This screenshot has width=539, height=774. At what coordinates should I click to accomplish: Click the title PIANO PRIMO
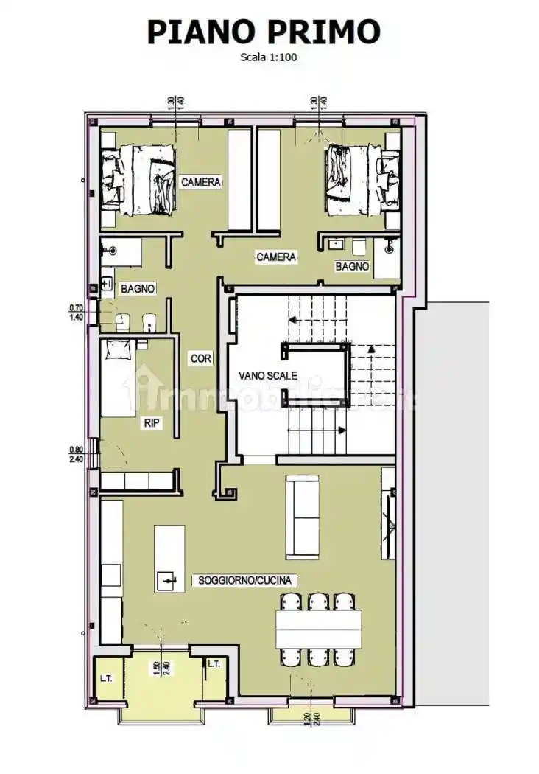point(264,32)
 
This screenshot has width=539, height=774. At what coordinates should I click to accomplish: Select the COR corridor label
point(201,359)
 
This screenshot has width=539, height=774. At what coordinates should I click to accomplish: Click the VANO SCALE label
point(267,375)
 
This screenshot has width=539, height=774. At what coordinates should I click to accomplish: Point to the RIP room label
point(152,423)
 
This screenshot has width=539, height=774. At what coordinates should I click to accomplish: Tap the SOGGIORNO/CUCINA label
point(246,581)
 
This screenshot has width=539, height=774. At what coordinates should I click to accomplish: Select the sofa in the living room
point(302,517)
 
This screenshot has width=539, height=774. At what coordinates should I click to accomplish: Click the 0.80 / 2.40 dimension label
point(76,454)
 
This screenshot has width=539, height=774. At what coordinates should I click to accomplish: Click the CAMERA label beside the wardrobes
point(200,181)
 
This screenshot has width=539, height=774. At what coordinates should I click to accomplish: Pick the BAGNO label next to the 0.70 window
point(138,289)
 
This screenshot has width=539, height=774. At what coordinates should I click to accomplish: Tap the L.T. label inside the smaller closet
point(214,664)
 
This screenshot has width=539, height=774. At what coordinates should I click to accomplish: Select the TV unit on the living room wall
point(387,516)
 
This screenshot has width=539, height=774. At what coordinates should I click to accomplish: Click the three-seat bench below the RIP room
point(137,481)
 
